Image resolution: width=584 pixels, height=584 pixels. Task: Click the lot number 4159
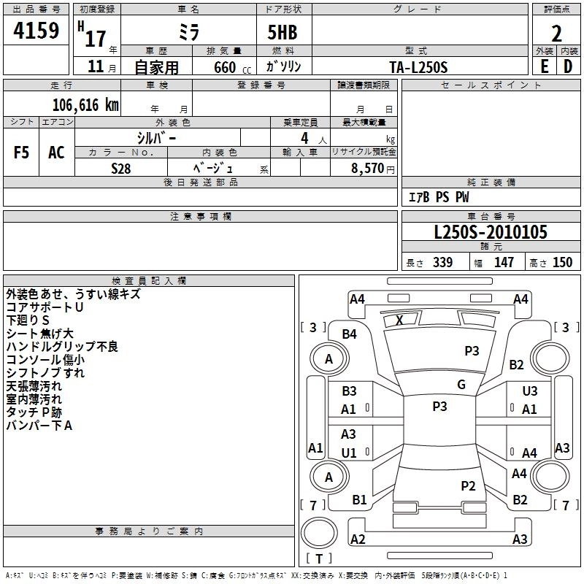tap(36, 31)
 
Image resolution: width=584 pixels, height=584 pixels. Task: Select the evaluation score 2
tap(556, 33)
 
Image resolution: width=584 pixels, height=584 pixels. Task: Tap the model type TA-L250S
tap(418, 66)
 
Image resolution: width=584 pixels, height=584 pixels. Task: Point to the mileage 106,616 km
tap(85, 104)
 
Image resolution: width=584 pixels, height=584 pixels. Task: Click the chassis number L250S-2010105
tap(490, 232)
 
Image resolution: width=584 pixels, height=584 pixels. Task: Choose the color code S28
tap(121, 167)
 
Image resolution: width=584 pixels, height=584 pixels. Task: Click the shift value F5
tap(22, 153)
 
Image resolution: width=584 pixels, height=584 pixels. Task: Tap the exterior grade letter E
tap(544, 66)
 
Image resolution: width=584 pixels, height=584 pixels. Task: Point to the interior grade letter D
tap(568, 66)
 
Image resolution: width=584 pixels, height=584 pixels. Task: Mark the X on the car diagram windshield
tap(399, 320)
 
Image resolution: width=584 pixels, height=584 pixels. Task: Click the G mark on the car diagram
tap(461, 385)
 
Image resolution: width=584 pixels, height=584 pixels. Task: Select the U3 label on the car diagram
tap(530, 392)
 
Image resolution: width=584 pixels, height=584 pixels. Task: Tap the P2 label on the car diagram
tap(469, 485)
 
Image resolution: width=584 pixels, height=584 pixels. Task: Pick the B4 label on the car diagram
tap(350, 334)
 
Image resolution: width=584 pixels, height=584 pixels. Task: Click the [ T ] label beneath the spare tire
tap(319, 558)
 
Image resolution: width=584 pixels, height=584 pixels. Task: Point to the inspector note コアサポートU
tap(45, 307)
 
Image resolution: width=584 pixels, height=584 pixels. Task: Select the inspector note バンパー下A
tap(39, 426)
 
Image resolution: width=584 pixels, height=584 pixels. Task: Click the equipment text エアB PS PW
tap(438, 197)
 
